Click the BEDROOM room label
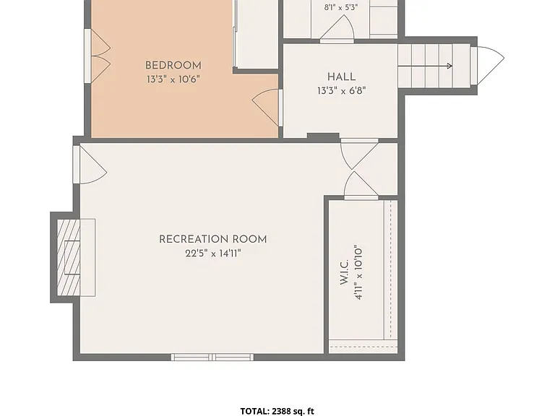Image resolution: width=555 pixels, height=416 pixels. [173, 66]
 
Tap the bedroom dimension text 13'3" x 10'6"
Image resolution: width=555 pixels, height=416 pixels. [173, 79]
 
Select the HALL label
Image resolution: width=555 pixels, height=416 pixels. [341, 77]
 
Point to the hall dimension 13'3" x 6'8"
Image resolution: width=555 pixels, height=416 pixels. [341, 91]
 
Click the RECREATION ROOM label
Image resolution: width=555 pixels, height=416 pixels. [212, 240]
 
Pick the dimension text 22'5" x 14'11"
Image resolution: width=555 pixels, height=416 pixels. [212, 253]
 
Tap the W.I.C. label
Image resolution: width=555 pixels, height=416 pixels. [345, 272]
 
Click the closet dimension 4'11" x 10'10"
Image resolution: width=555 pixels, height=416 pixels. [358, 272]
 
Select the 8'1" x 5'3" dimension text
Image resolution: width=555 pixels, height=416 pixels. [341, 7]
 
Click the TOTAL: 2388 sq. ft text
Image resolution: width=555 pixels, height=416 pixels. [277, 411]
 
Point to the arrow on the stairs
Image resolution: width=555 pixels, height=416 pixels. [425, 66]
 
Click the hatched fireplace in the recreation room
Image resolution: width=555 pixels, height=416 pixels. [69, 258]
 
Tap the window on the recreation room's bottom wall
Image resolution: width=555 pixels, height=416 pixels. [212, 357]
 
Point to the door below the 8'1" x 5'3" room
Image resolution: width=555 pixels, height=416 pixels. [337, 28]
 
